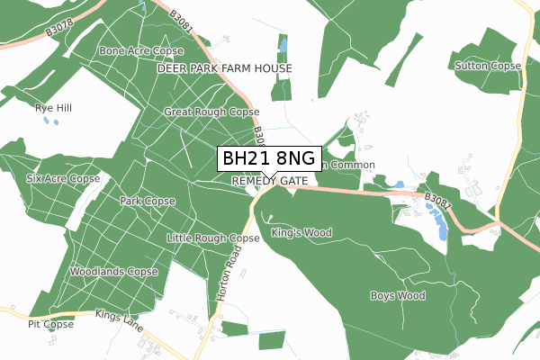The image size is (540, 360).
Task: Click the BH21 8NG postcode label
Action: pos(269,159)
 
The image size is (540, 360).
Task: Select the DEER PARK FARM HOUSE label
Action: pos(225,68)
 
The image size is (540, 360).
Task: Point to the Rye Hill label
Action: pos(53,108)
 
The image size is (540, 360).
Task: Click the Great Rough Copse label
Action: pos(211,112)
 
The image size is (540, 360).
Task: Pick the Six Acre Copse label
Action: pos(63,179)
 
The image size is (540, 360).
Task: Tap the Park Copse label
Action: pos(148,202)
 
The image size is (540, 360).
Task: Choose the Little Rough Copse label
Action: pos(213,238)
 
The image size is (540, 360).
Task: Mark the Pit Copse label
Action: pos(50,324)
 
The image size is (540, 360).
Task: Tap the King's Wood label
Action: pos(301,233)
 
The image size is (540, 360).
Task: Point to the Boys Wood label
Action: pos(397,295)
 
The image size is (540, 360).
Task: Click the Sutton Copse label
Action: pos(489,67)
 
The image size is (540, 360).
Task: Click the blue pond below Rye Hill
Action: pos(47,121)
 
